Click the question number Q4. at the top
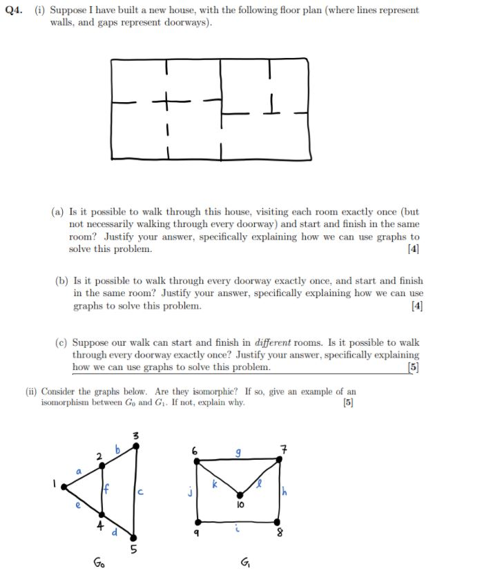15,11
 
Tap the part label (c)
62,342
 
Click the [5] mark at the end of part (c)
413,367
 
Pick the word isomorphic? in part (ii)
189,391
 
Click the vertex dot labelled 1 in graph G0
64,487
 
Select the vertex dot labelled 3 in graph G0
136,445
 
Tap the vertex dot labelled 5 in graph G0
133,537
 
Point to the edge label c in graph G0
140,492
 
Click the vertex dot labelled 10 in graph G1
240,494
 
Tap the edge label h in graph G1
284,491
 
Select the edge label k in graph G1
215,485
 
